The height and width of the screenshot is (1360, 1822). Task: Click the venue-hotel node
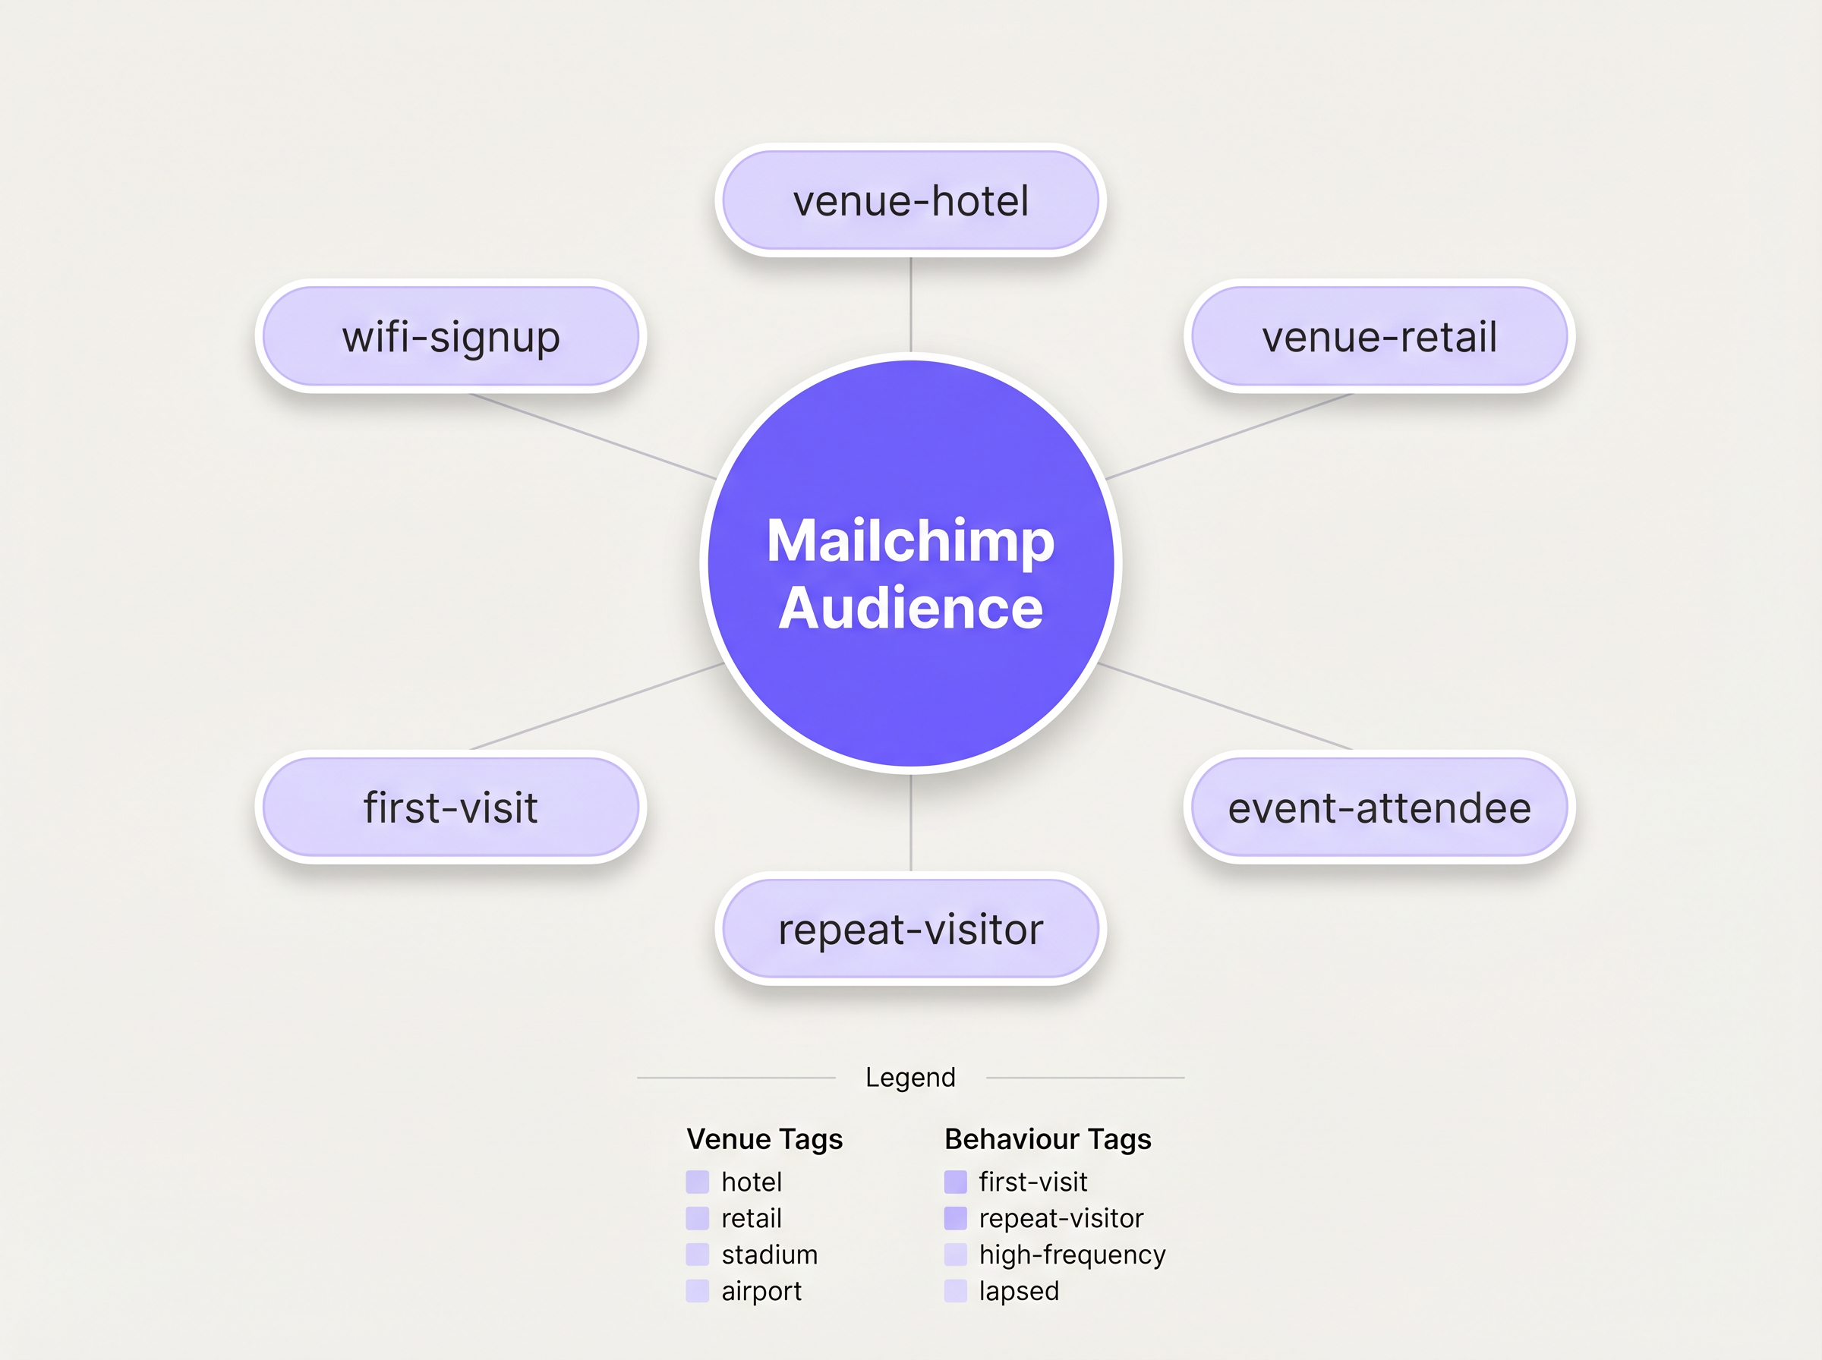909,200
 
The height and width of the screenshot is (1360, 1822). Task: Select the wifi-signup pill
450,336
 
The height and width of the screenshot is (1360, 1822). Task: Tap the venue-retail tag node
1379,336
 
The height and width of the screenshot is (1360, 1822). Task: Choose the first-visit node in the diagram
450,807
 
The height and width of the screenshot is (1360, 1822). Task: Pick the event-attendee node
1379,807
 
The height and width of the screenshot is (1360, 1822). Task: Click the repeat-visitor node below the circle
909,929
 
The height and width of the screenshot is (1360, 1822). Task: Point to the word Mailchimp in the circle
909,541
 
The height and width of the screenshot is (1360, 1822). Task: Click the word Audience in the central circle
909,609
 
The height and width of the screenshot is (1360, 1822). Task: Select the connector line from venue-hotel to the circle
909,304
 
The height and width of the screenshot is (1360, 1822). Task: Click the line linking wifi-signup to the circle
593,436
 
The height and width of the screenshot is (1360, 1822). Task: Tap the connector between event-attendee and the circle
1227,707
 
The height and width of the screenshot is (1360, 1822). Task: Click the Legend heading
909,1077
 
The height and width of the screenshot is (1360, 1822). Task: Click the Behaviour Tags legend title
1047,1138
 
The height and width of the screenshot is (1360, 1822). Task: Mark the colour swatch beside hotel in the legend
698,1182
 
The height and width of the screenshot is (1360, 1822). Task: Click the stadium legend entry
769,1255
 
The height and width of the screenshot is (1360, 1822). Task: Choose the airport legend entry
761,1291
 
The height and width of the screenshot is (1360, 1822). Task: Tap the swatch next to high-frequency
955,1255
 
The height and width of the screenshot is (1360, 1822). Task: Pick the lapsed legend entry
1019,1291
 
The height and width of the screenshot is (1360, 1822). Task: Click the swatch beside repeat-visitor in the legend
955,1218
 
